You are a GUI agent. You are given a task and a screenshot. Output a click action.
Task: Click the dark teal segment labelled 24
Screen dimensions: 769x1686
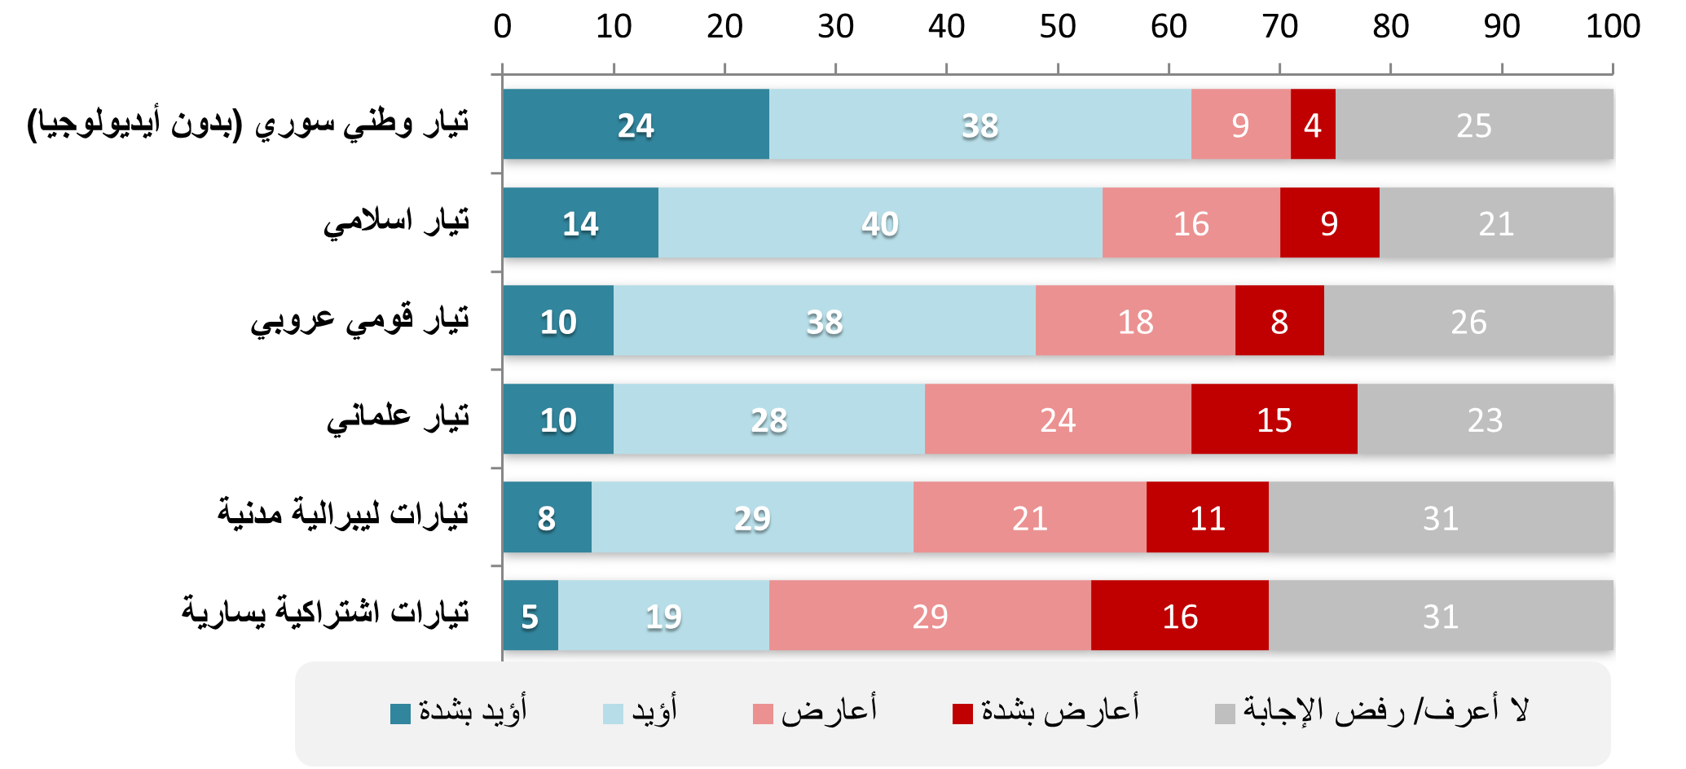(636, 125)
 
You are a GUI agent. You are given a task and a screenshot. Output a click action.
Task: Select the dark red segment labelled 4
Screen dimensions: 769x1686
(1312, 125)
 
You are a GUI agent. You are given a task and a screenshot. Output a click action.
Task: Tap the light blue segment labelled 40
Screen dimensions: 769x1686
(880, 223)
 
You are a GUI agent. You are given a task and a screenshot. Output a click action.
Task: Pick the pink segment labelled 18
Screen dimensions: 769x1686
(1135, 321)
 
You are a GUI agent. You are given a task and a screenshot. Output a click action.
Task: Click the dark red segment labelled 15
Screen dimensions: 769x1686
(1274, 420)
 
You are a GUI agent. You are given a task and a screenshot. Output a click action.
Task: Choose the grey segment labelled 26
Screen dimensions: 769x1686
(1468, 321)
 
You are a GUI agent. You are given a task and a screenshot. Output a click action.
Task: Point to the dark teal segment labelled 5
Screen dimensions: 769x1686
(530, 616)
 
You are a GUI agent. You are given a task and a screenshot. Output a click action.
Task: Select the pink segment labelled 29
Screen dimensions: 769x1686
(930, 616)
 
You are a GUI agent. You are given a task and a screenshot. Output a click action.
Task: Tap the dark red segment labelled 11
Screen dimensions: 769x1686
(1207, 517)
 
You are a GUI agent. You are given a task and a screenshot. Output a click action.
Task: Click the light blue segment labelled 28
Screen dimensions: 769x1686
(768, 420)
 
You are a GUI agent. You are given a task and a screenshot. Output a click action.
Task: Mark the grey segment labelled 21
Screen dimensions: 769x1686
(1496, 223)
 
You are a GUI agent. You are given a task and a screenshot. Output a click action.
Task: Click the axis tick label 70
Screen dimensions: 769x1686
(1279, 27)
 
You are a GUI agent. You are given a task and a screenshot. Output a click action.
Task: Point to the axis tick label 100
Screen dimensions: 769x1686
(1613, 27)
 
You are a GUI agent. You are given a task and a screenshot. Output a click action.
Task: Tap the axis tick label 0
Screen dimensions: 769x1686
(503, 27)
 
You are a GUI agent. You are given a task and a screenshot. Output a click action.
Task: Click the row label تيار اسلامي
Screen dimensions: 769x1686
(396, 222)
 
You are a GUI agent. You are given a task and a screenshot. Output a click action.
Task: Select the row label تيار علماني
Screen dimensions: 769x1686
(398, 418)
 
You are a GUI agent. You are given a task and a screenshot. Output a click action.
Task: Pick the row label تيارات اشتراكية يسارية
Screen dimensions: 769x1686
(325, 613)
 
